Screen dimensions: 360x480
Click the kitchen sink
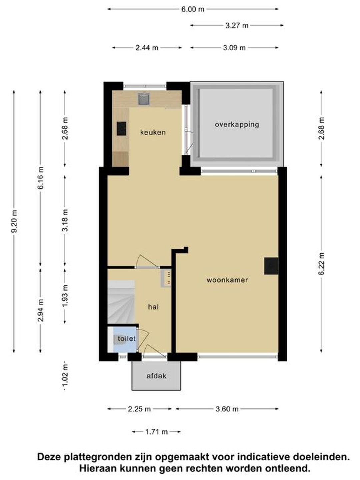144,99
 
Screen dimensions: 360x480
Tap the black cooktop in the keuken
121,129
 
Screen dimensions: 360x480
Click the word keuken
153,132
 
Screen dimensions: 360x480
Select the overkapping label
237,125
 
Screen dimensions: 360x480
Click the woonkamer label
227,280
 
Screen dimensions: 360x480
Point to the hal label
153,307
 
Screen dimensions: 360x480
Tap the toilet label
127,339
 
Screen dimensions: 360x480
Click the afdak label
157,376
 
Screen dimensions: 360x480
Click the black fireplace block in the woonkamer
271,266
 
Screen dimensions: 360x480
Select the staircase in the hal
121,302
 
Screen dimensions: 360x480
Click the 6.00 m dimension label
193,9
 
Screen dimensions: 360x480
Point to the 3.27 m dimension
237,26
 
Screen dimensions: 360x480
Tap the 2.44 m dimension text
147,48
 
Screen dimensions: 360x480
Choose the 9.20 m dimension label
15,221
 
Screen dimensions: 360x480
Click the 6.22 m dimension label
322,264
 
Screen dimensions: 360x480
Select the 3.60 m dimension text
227,409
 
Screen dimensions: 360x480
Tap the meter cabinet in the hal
166,278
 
